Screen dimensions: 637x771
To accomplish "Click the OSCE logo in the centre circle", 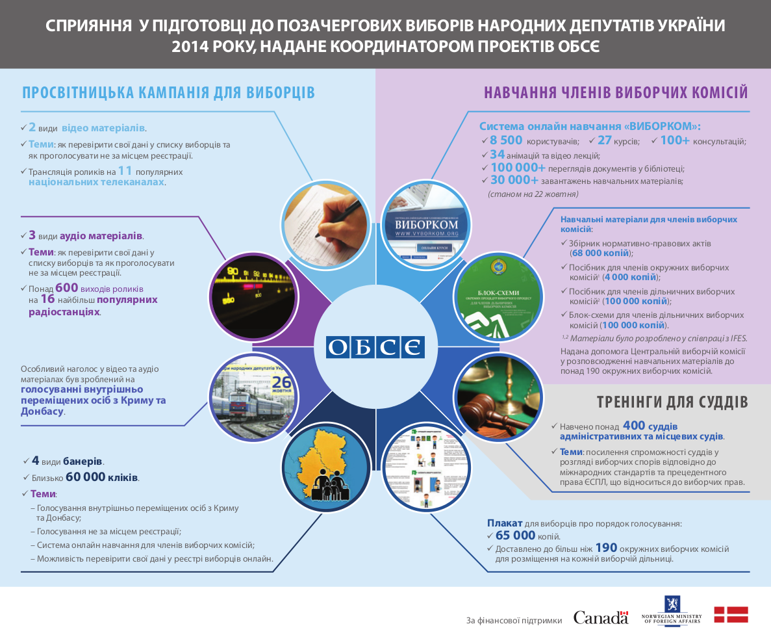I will point(375,346).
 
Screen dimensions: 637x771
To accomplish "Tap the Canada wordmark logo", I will point(600,617).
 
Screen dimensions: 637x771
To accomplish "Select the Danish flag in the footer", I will point(731,614).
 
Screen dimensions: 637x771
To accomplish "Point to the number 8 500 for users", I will point(506,140).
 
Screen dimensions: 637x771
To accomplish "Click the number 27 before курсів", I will point(605,140).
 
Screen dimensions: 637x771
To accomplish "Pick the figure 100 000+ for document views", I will point(518,168).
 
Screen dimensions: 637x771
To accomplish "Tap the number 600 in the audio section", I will point(66,287).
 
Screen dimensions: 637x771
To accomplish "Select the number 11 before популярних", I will point(125,171).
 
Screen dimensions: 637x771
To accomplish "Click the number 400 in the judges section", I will point(634,425).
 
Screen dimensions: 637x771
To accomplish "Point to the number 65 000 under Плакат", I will point(511,536).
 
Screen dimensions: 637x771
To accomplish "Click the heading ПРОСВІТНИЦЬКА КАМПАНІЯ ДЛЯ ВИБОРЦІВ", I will point(169,92).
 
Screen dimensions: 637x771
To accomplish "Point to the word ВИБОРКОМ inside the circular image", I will point(427,220).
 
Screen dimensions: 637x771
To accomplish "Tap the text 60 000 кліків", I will point(102,477).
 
